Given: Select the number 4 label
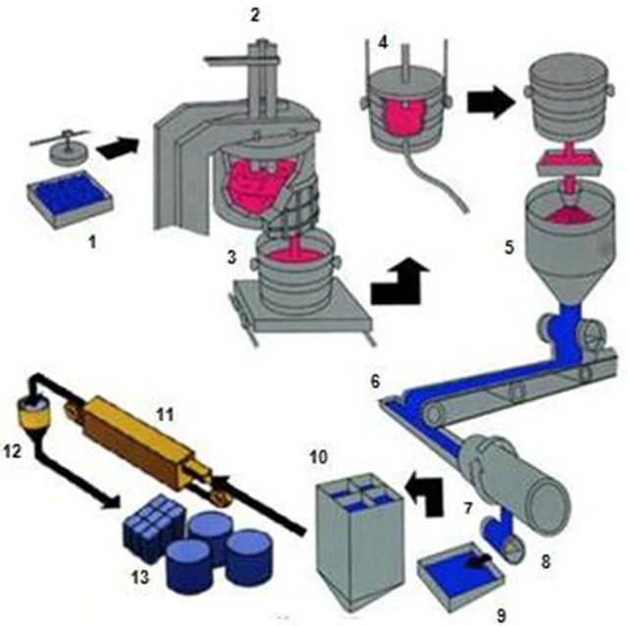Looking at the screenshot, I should pos(384,43).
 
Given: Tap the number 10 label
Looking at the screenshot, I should pos(320,457).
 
